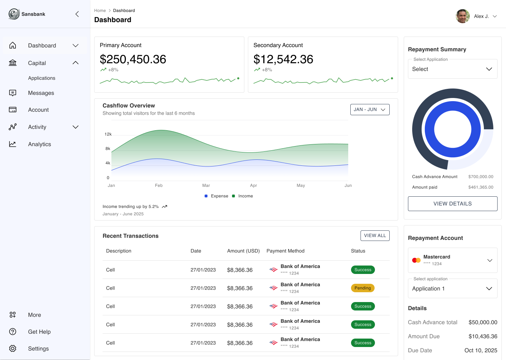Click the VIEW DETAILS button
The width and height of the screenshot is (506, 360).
click(453, 204)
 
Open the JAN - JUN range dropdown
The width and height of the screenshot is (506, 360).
click(370, 110)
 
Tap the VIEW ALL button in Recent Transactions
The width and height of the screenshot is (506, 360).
click(375, 236)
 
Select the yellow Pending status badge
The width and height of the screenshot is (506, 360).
click(363, 288)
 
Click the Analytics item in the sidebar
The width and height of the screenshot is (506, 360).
click(39, 144)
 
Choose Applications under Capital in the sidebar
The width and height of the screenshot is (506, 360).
click(42, 78)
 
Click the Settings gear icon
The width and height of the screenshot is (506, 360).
click(13, 348)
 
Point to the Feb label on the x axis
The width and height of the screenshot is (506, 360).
click(159, 185)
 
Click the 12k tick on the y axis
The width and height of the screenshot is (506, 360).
click(108, 134)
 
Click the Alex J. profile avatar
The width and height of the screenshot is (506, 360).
click(463, 16)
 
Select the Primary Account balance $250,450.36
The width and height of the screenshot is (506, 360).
click(133, 59)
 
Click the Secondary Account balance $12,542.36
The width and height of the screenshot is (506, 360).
click(283, 59)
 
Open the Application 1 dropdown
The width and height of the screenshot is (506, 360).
click(453, 289)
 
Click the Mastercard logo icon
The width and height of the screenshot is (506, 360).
click(416, 260)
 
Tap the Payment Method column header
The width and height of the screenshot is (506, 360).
click(285, 251)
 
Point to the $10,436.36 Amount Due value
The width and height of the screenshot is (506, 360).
click(483, 336)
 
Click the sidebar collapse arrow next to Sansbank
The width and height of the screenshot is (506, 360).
click(77, 14)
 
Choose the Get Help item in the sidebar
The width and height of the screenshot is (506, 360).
click(39, 332)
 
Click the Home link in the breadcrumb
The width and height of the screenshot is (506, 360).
click(100, 11)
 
